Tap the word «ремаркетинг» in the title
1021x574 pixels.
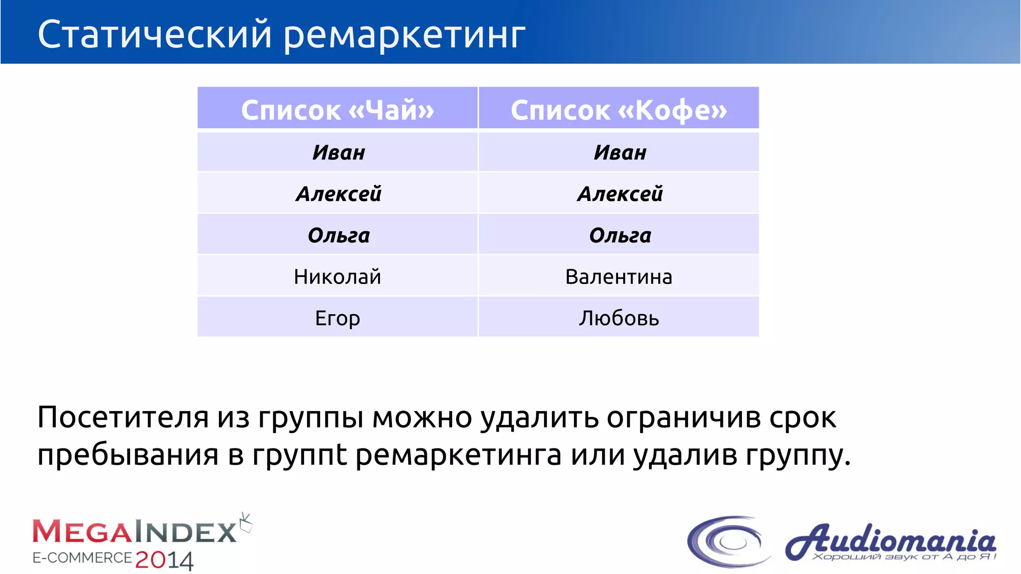[404, 36]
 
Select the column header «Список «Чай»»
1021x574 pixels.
[338, 110]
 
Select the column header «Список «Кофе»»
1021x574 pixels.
[619, 110]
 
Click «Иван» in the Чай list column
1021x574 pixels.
[339, 152]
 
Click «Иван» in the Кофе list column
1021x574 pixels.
[620, 152]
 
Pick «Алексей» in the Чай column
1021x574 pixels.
[339, 194]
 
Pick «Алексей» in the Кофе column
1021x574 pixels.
[620, 194]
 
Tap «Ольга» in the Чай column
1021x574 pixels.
[339, 235]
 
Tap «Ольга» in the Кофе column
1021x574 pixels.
[620, 235]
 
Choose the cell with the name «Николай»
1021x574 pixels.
[338, 277]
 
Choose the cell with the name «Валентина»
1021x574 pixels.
[619, 277]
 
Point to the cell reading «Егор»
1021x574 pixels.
[338, 318]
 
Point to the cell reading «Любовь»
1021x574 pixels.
[619, 318]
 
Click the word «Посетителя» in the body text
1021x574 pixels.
[123, 417]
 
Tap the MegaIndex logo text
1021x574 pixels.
[135, 532]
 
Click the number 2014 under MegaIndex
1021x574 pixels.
[164, 560]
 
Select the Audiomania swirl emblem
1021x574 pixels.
[729, 542]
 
